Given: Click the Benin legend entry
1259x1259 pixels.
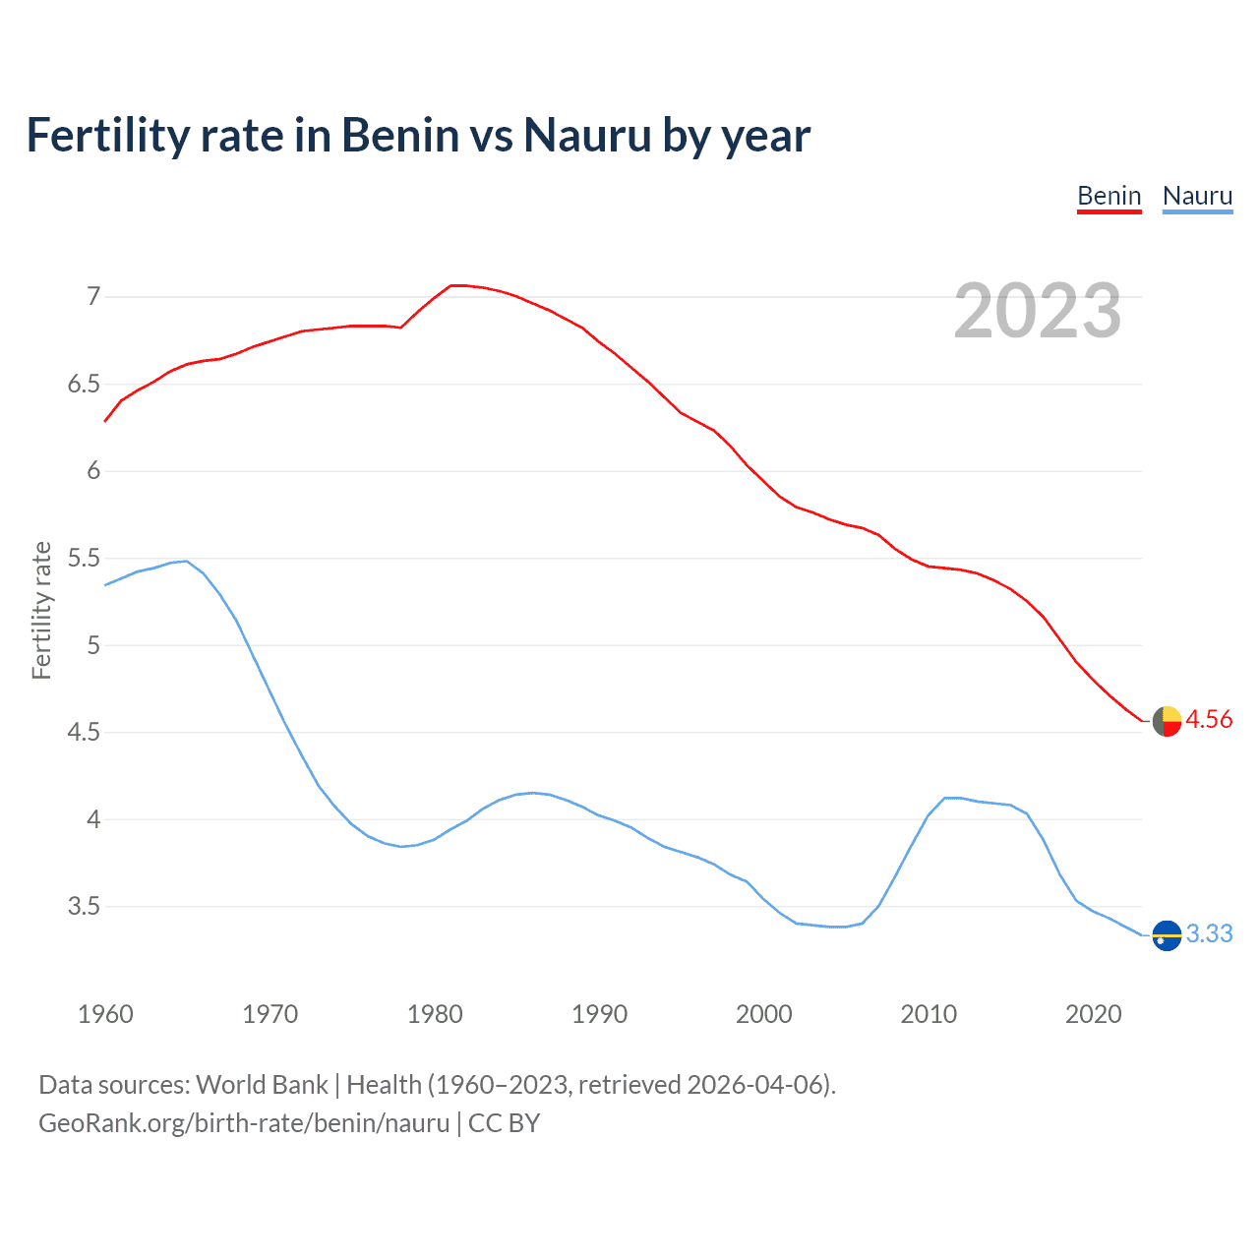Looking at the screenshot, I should point(1109,197).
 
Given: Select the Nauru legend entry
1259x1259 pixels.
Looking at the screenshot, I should point(1197,197).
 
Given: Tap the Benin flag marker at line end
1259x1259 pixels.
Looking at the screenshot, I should point(1167,721).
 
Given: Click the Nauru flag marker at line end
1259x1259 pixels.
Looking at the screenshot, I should point(1167,935).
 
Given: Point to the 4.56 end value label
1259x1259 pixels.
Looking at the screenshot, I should point(1209,720).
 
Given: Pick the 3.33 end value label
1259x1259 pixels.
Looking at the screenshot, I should point(1209,934).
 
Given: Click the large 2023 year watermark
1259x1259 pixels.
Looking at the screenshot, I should point(1038,312).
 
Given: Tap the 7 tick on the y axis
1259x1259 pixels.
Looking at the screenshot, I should point(93,296).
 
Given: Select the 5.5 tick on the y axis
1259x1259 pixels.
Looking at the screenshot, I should point(84,559).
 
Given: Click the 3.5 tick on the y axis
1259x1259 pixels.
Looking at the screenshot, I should point(84,907).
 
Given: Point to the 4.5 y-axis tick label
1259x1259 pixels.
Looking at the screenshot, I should point(84,733).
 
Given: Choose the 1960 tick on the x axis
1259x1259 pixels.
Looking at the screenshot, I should point(105,1014).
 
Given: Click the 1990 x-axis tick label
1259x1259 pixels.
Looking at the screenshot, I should point(599,1014).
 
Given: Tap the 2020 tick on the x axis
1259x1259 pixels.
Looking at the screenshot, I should point(1093,1014).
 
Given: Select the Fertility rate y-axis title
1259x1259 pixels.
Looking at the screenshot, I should point(41,610).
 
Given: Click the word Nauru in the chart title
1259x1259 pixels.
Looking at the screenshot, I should point(587,136).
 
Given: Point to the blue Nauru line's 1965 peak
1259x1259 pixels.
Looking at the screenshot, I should point(186,561).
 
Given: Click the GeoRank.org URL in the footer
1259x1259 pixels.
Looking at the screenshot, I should point(244,1123).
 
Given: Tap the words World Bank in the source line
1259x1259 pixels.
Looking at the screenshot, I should point(262,1085).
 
